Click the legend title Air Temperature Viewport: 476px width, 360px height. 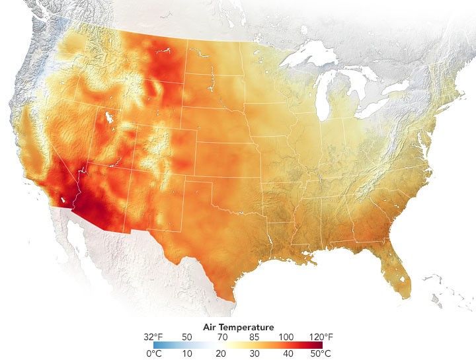(x=237, y=326)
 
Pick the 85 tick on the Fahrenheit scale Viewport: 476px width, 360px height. (x=253, y=336)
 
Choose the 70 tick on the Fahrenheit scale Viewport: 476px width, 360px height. (x=221, y=336)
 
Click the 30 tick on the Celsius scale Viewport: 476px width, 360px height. (x=254, y=353)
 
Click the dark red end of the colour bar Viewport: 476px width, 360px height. (x=319, y=345)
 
